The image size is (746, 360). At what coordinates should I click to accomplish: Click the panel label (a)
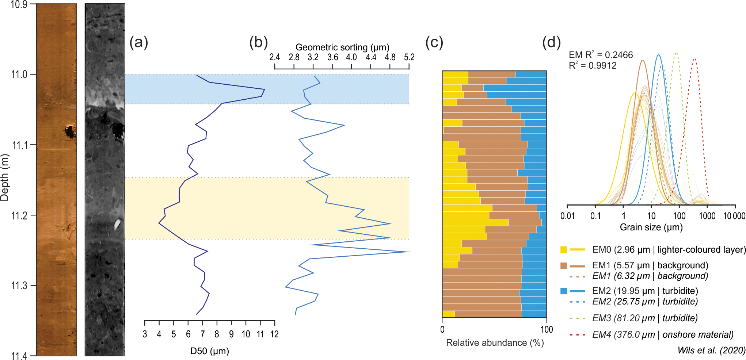(139, 43)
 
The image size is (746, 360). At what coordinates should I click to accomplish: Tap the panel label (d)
(551, 43)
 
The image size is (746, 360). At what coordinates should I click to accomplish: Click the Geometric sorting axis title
(342, 47)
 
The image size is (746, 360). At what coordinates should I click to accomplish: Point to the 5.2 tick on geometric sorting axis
(409, 57)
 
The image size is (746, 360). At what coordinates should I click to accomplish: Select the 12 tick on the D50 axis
(274, 334)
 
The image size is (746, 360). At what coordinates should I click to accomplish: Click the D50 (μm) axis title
(210, 351)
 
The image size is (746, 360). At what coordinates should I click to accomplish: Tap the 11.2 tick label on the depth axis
(19, 215)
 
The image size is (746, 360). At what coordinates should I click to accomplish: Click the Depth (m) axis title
(5, 177)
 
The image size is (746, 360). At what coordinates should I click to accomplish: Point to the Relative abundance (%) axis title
(495, 343)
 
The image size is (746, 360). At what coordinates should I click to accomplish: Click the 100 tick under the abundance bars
(547, 330)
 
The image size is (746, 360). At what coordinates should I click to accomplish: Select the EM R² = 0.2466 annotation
(601, 55)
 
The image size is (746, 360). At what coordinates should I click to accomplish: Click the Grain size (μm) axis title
(651, 227)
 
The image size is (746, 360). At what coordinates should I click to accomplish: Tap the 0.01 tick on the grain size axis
(567, 216)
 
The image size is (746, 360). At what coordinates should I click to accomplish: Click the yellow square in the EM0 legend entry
(564, 250)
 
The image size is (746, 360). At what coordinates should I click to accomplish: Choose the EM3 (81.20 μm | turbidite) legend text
(645, 318)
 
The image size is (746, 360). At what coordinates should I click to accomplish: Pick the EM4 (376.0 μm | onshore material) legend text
(663, 334)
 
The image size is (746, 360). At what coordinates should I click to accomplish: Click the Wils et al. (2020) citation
(711, 351)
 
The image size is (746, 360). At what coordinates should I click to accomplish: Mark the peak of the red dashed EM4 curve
(694, 59)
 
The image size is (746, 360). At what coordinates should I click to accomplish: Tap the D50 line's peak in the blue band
(264, 89)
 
